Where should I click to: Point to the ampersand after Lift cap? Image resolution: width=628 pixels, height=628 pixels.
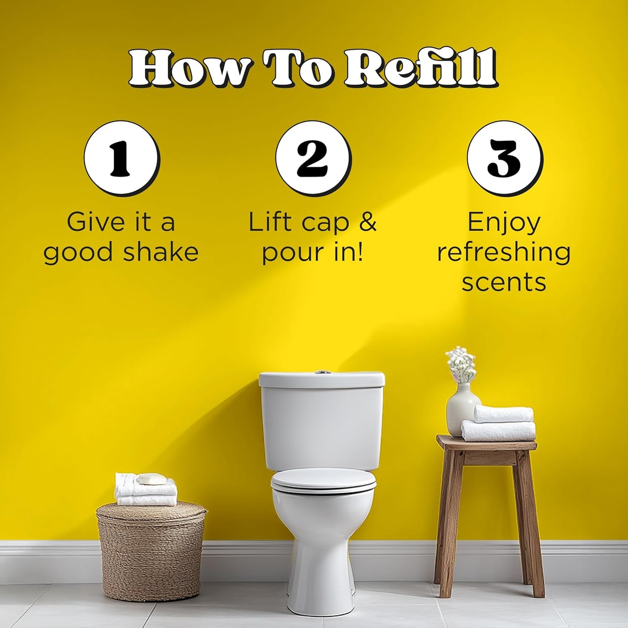tap(368, 222)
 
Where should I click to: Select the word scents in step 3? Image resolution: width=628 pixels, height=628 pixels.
tap(504, 282)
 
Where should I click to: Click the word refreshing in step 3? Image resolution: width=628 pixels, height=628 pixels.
tap(504, 253)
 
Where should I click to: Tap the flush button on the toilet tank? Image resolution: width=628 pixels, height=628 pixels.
tap(322, 372)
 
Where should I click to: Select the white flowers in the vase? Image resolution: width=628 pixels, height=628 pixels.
tap(461, 362)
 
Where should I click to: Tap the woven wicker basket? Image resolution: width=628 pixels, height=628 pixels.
tap(151, 550)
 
